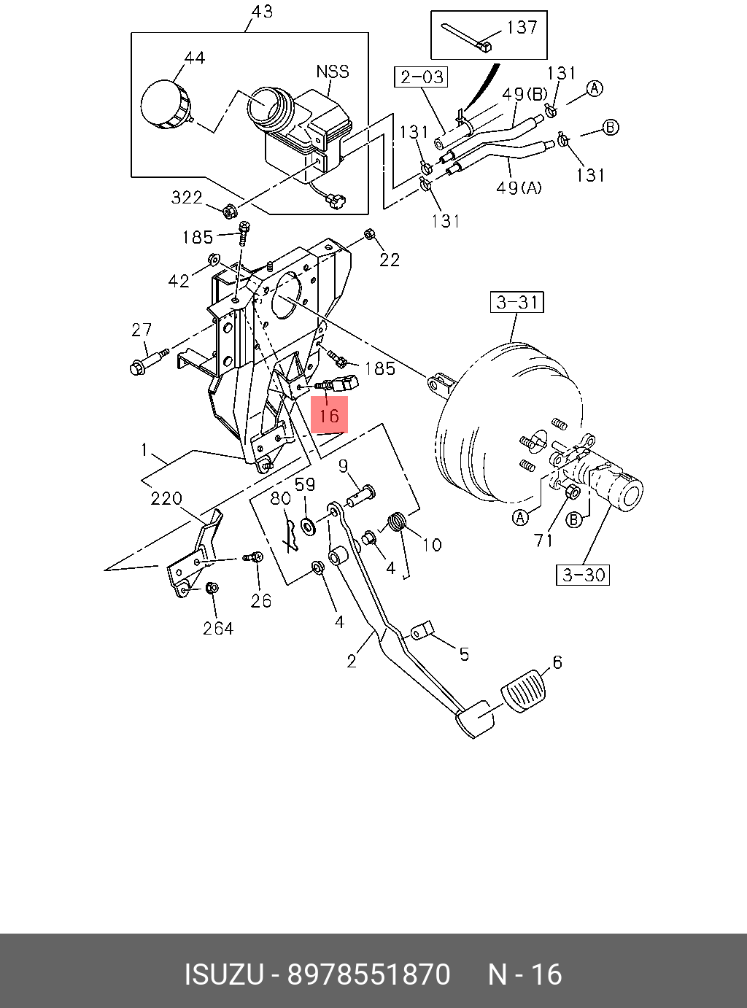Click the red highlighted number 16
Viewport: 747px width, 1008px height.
click(x=329, y=414)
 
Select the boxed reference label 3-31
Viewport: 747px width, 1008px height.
click(x=517, y=301)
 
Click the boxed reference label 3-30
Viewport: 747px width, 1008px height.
click(x=584, y=575)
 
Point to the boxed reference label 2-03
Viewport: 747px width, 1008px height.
click(x=420, y=77)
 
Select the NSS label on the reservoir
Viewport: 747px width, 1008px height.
click(x=332, y=71)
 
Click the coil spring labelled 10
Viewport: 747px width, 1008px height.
click(x=396, y=523)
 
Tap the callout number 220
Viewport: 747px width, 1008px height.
click(x=166, y=499)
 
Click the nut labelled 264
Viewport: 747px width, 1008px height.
click(x=211, y=588)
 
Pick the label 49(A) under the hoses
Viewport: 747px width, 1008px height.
click(x=519, y=187)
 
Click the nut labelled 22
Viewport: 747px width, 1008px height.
click(x=368, y=235)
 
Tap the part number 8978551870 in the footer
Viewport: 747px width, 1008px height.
click(x=368, y=974)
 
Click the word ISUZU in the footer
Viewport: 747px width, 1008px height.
click(x=222, y=974)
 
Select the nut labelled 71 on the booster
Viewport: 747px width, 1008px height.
click(x=573, y=493)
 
